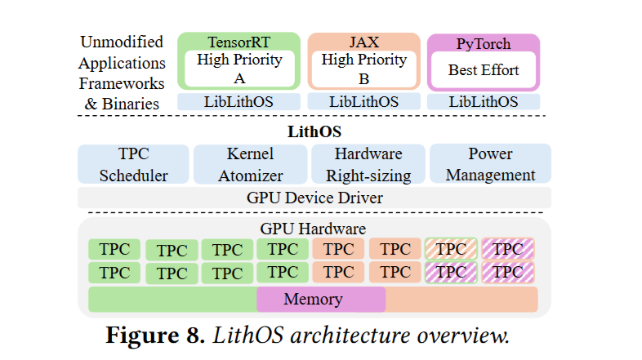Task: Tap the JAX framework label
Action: [x=363, y=41]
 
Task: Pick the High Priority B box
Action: [x=363, y=69]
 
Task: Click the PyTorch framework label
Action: [x=484, y=42]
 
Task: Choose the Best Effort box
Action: [x=484, y=70]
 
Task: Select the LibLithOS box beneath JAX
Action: [x=363, y=102]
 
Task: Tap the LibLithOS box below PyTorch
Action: [x=484, y=102]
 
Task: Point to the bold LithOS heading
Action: [x=314, y=131]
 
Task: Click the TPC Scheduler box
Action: [x=132, y=164]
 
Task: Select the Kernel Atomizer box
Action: [x=249, y=164]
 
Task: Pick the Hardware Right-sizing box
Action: [x=368, y=164]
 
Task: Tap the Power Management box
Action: [x=490, y=164]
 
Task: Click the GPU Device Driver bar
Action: [x=314, y=198]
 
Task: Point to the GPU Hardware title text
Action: [x=314, y=229]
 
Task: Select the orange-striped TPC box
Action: [x=452, y=248]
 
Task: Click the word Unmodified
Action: [x=122, y=42]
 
